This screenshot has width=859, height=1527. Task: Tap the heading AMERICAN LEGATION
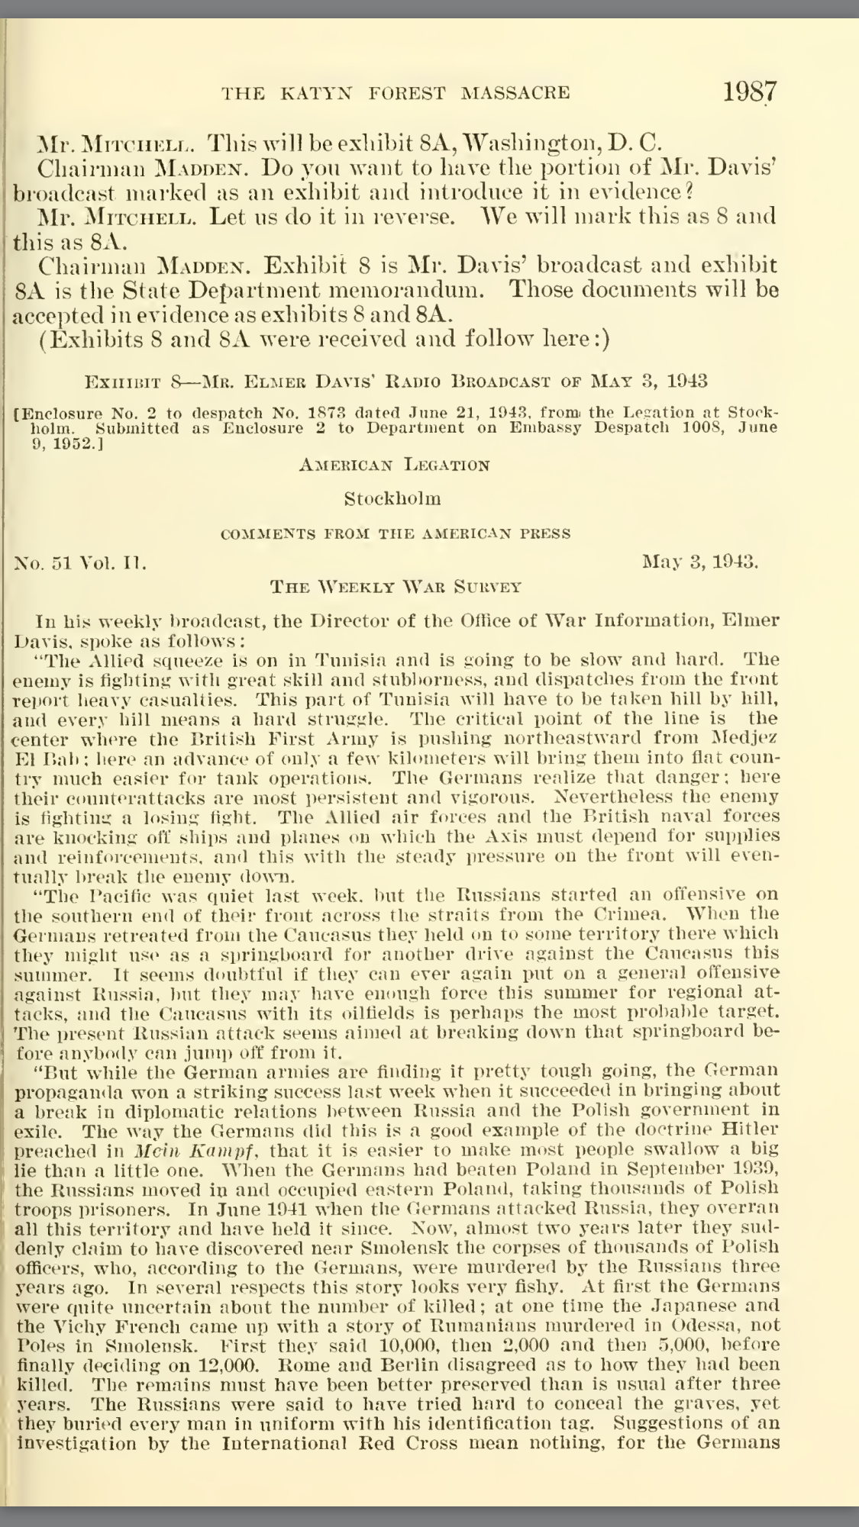click(394, 465)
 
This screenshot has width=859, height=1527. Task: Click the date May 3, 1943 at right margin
click(700, 563)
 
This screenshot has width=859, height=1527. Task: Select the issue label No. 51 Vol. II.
click(81, 564)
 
